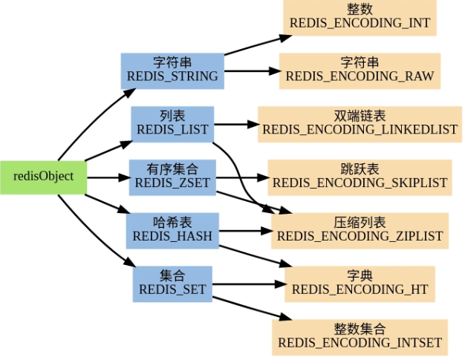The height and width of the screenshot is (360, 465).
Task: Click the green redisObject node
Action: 43,177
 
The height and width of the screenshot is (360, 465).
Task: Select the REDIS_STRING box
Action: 172,70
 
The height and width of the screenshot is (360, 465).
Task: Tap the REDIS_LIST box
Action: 172,124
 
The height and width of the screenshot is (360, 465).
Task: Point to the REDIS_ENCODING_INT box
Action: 358,16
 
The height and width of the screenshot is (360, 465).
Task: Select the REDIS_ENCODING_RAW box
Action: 360,70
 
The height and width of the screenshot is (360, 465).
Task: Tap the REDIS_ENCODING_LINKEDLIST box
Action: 360,123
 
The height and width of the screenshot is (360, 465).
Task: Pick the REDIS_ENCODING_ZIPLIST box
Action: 360,230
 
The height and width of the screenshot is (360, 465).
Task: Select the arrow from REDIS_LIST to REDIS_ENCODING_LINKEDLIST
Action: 235,124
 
